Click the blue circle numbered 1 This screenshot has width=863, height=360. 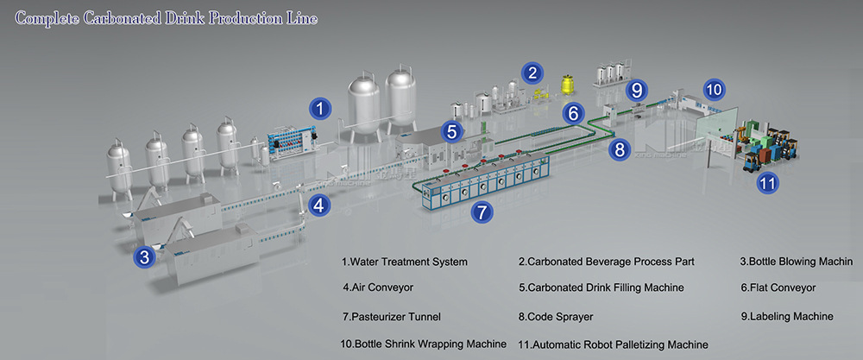(x=320, y=109)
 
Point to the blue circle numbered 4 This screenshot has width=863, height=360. (x=319, y=205)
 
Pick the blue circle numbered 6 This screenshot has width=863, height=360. (x=574, y=112)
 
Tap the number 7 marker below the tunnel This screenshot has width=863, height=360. (x=482, y=210)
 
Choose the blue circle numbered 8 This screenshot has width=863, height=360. (x=619, y=148)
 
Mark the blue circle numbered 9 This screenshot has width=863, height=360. (x=637, y=89)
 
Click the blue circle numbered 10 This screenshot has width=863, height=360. (x=715, y=88)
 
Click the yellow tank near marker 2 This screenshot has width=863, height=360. (x=569, y=84)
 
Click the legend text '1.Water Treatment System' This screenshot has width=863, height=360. (x=405, y=262)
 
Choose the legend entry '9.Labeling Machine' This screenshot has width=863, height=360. (x=787, y=317)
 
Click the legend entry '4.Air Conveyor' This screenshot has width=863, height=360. (x=378, y=287)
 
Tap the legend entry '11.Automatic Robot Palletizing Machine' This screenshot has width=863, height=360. (x=613, y=344)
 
